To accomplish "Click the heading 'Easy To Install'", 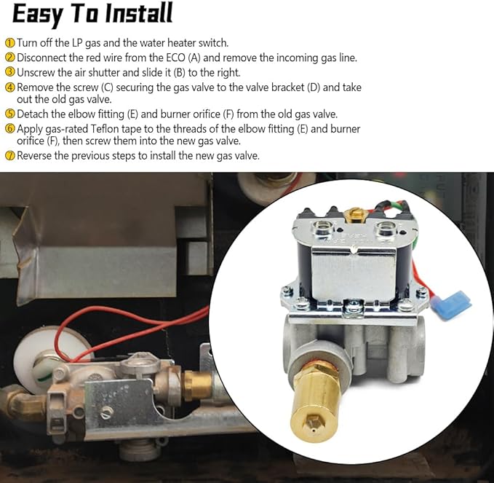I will point(92,14).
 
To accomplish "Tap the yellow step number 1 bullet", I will point(9,43).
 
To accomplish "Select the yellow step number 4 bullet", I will point(9,87).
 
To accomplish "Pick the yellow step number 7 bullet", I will point(9,155).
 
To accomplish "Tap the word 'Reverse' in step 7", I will point(36,155).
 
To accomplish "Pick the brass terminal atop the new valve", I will point(354,214).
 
